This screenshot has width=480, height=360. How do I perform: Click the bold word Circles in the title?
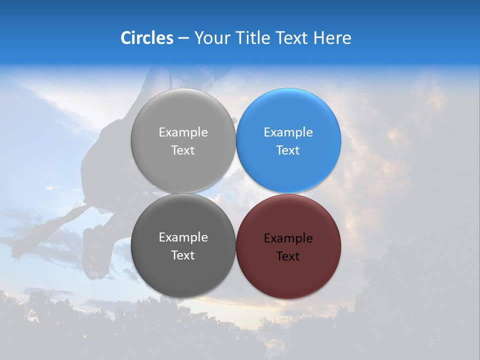[x=147, y=37]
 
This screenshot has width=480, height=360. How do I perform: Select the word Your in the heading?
[x=212, y=37]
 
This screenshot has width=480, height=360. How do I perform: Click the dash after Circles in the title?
[x=183, y=38]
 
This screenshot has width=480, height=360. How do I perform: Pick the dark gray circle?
[x=183, y=270]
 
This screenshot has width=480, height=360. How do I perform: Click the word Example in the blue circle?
[x=288, y=132]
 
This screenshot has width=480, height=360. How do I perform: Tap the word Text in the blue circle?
[x=288, y=150]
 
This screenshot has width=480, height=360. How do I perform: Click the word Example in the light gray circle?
[x=183, y=132]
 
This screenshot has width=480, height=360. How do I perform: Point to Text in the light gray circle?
[x=183, y=150]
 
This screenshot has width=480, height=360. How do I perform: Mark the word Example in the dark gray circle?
[x=183, y=237]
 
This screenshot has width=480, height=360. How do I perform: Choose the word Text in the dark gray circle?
[x=183, y=255]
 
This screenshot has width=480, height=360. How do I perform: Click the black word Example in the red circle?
[x=288, y=238]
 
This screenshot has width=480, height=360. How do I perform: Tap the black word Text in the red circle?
[x=288, y=256]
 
